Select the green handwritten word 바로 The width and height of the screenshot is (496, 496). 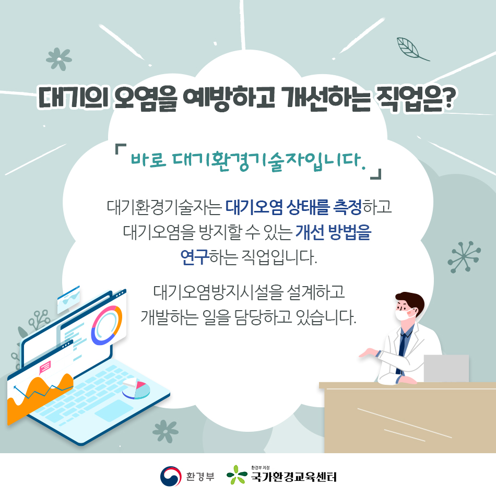[x=148, y=159]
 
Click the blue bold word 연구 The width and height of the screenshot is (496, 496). [x=194, y=257]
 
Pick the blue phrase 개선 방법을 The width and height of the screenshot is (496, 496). [x=333, y=232]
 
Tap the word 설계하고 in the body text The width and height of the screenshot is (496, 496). [x=316, y=292]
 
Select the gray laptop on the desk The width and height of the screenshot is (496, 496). [x=446, y=369]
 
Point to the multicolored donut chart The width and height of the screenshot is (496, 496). [x=107, y=325]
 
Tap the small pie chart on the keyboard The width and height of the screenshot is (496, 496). [x=136, y=389]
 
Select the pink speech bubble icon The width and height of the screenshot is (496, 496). [x=45, y=367]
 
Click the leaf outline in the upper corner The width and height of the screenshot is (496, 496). [x=410, y=49]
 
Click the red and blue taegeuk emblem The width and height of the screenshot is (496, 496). [x=171, y=476]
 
